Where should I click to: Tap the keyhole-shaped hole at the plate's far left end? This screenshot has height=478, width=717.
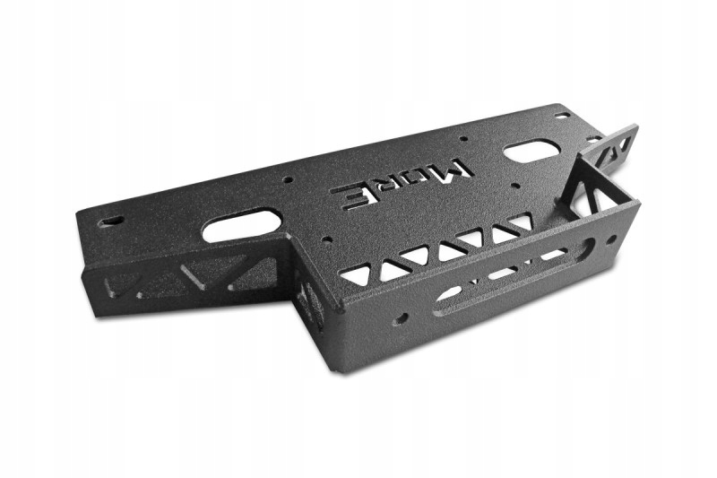(111, 222)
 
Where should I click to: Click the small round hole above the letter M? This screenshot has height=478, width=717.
(463, 138)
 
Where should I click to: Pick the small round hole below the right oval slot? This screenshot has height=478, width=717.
(515, 186)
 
